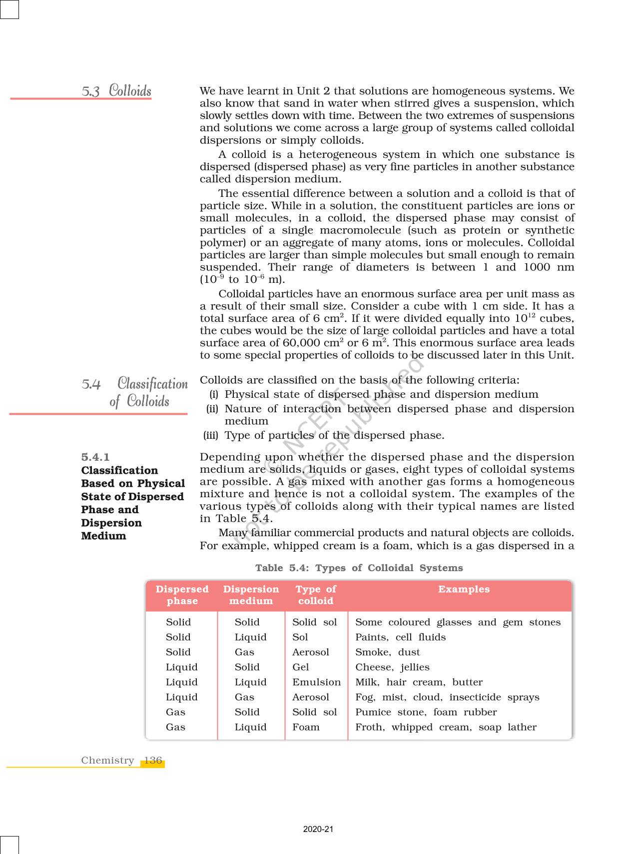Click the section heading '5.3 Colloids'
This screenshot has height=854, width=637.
point(116,91)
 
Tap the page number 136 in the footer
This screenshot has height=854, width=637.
point(153,761)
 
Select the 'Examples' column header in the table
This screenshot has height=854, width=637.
point(464,589)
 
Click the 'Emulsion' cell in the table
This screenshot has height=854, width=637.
point(316,682)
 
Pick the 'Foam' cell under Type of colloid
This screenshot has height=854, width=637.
point(306,727)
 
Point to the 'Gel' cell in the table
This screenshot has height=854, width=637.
point(301,667)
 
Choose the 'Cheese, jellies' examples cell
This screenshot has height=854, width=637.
point(392,667)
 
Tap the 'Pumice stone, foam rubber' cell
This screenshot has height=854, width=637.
point(426,712)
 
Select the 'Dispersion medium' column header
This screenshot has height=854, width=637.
point(251,595)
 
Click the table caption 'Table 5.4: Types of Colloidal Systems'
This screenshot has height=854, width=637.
point(359,568)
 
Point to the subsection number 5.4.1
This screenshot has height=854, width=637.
point(95,457)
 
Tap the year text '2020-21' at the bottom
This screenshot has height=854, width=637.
point(318,829)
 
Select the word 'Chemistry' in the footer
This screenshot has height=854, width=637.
point(107,761)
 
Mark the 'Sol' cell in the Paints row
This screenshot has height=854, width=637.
point(300,637)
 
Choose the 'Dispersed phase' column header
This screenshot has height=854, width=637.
point(182,595)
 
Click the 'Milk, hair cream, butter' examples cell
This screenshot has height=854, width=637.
point(419,682)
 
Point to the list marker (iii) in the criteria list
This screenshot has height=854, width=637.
point(211,435)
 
